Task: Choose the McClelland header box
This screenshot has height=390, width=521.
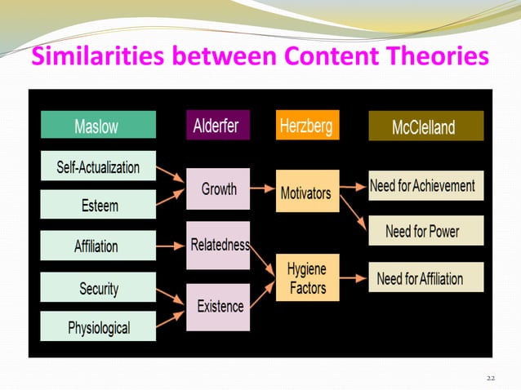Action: [425, 126]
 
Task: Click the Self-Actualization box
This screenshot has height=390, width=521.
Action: [97, 167]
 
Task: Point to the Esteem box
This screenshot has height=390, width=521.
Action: [97, 205]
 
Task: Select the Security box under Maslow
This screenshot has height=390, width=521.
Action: [97, 287]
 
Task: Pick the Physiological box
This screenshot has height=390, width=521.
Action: [97, 327]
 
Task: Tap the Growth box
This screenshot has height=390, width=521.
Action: [218, 189]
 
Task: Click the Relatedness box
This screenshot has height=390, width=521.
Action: [218, 244]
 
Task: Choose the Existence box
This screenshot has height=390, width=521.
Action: [218, 306]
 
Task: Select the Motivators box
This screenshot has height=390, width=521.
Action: [306, 192]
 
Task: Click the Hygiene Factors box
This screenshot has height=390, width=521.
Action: [306, 277]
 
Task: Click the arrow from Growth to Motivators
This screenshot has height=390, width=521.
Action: [263, 189]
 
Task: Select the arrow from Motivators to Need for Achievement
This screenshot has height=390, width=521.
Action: [353, 187]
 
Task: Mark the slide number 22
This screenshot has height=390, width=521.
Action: [491, 378]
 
